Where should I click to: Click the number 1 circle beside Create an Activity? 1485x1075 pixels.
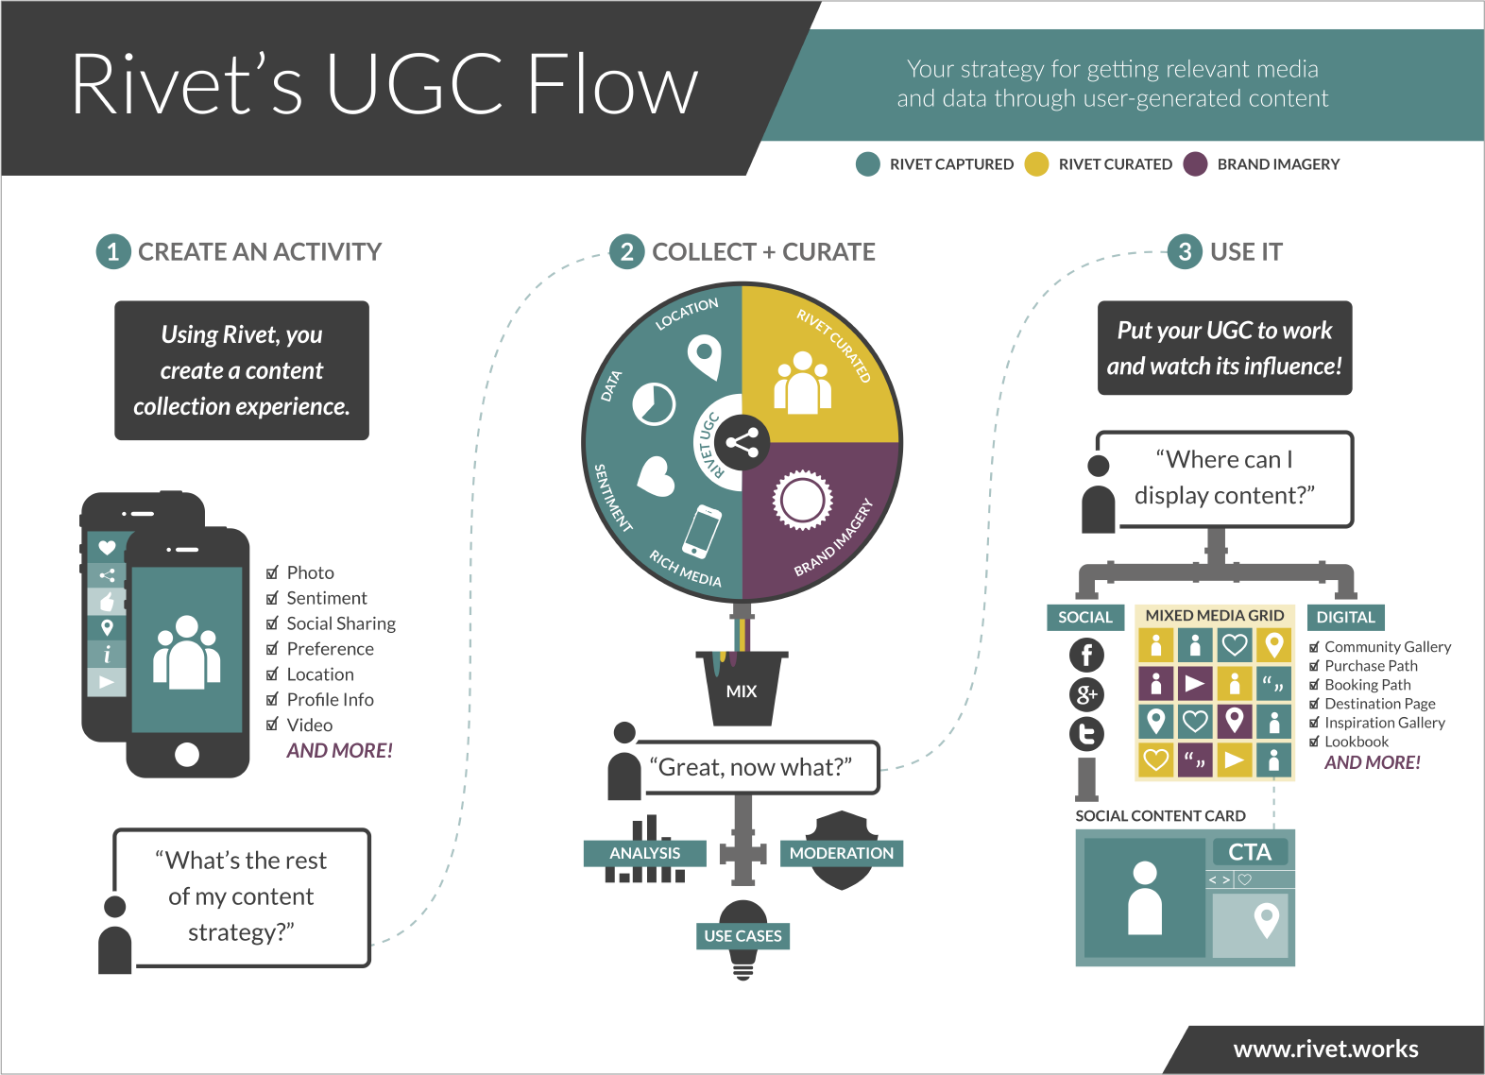tap(113, 251)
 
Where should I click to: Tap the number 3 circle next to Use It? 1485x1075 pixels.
tap(1185, 251)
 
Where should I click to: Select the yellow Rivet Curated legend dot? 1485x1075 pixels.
tap(1036, 164)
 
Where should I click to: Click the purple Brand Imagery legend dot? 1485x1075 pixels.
tap(1195, 164)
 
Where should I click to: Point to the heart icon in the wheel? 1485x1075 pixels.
tap(656, 476)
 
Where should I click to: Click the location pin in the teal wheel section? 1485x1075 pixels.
tap(704, 358)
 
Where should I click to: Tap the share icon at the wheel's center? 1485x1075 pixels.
tap(742, 442)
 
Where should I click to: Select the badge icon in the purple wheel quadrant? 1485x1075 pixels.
tap(802, 500)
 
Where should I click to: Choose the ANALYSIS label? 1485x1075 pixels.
tap(645, 853)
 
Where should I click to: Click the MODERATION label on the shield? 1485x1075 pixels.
tap(841, 853)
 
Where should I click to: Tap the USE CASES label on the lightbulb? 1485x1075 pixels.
tap(742, 936)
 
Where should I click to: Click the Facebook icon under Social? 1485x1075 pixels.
tap(1086, 655)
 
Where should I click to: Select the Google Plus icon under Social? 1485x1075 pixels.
tap(1086, 695)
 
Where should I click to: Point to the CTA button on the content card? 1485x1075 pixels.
tap(1249, 852)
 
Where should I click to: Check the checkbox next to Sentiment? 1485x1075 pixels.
tap(272, 598)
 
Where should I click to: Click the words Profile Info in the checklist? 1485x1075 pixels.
tap(330, 700)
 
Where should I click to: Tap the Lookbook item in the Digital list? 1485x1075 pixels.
tap(1357, 742)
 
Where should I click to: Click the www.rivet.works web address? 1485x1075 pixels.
tap(1325, 1049)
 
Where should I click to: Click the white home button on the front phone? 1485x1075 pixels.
tap(187, 754)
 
